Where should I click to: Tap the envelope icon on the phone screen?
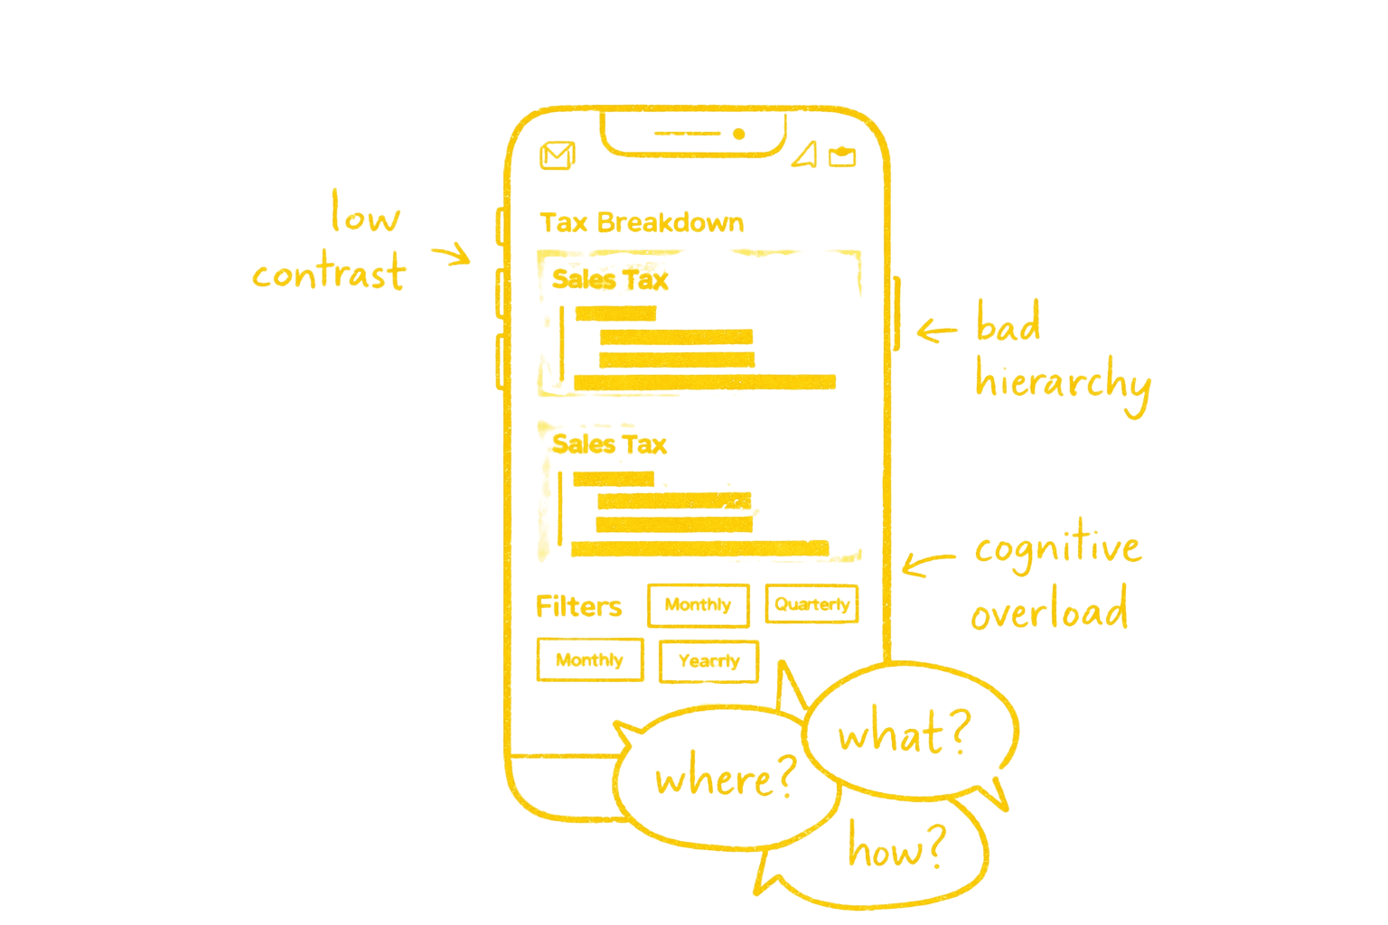[558, 156]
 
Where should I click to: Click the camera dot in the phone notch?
[738, 135]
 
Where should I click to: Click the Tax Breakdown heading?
[642, 222]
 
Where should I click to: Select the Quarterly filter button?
[811, 604]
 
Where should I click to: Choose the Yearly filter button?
[708, 661]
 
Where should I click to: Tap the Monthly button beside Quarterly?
[698, 605]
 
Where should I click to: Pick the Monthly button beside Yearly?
[589, 660]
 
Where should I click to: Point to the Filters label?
[578, 606]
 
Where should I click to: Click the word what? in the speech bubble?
[904, 733]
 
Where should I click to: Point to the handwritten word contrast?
[329, 273]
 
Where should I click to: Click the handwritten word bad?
[1008, 324]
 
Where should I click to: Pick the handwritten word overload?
[1049, 612]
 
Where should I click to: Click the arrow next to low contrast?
[450, 255]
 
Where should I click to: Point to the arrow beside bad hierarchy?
[936, 331]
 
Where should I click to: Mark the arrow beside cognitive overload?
[926, 564]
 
